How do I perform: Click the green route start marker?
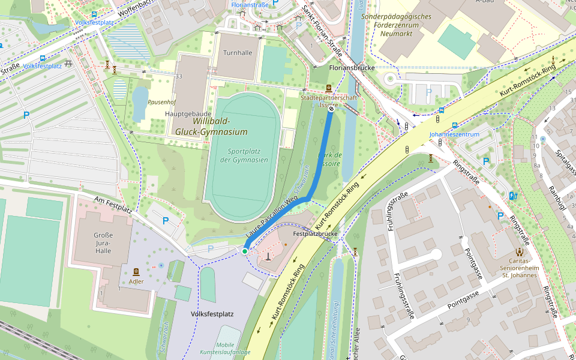(245, 251)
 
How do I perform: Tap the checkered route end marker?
(331, 109)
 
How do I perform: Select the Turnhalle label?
(238, 53)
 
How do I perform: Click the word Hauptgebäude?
(188, 113)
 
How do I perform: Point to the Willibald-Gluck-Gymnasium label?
(211, 127)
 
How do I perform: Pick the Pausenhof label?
(161, 103)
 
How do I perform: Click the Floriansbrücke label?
(352, 68)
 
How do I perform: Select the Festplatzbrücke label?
(315, 233)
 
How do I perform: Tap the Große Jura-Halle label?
(103, 242)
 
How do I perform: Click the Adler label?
(136, 281)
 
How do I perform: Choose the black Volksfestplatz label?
(212, 314)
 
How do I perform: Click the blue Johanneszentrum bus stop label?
(454, 134)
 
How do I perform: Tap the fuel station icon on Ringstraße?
(512, 196)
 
